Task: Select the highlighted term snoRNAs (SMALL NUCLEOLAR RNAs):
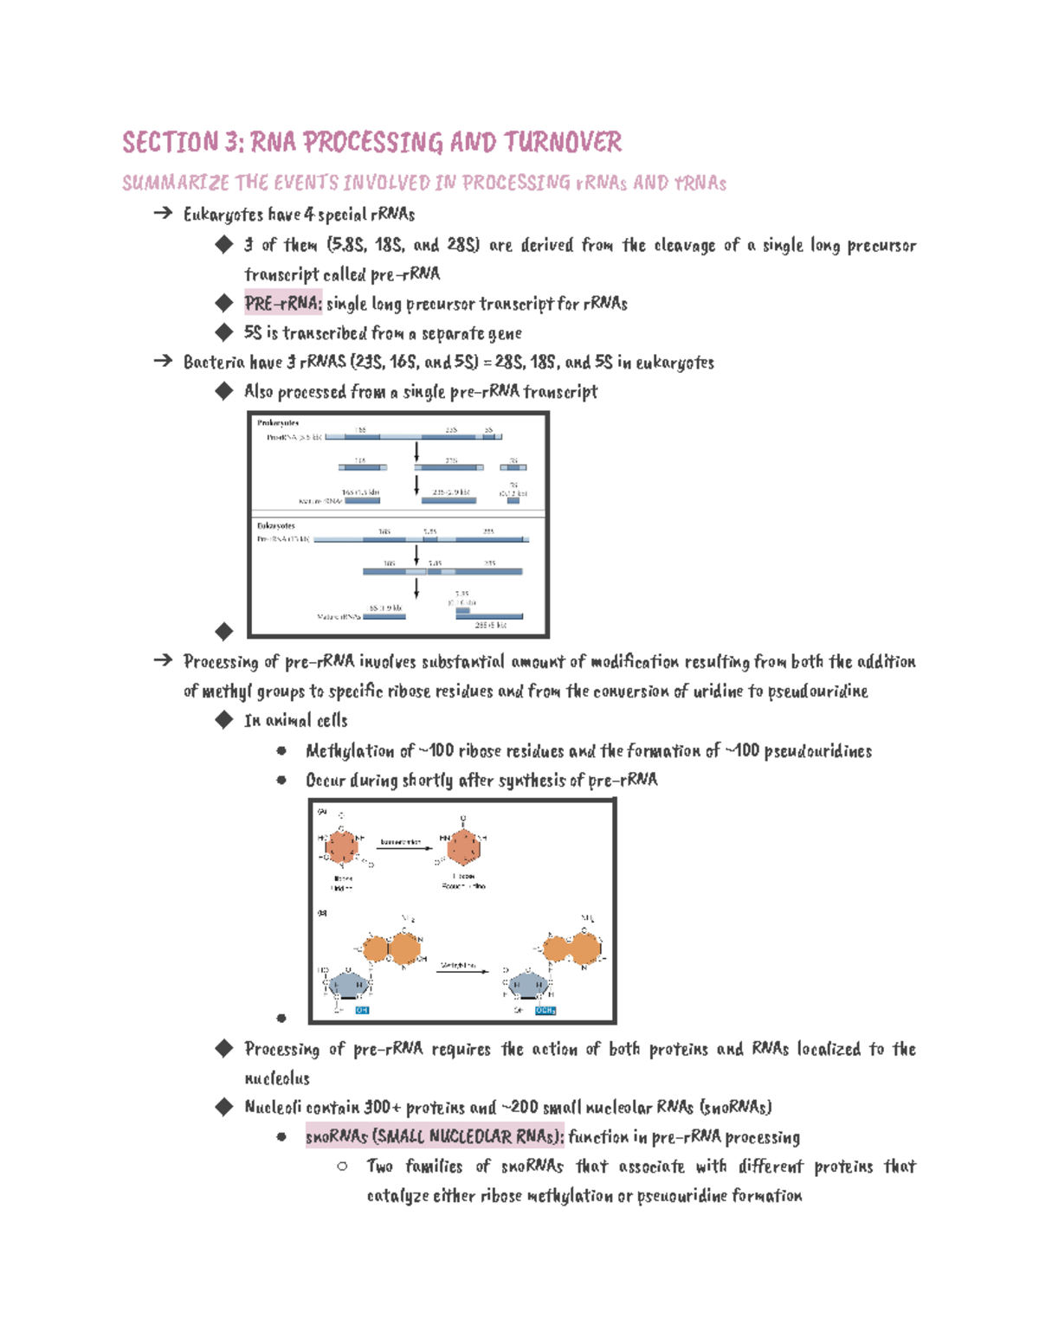[435, 1136]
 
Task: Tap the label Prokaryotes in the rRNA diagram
[278, 423]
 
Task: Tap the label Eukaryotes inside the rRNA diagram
[275, 525]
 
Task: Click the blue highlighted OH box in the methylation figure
[362, 1010]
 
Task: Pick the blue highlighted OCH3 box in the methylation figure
[545, 1010]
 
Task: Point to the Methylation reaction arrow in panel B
[461, 971]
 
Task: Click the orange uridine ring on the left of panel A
[343, 847]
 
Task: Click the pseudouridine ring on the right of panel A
[464, 847]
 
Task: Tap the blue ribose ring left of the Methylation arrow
[350, 984]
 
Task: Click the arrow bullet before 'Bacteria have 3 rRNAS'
[163, 361]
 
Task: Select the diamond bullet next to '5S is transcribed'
[224, 331]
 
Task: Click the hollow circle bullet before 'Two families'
[343, 1167]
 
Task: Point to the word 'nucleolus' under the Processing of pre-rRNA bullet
[277, 1078]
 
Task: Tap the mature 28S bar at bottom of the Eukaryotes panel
[490, 617]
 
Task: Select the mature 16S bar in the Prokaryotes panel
[361, 500]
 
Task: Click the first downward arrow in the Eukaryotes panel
[416, 555]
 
